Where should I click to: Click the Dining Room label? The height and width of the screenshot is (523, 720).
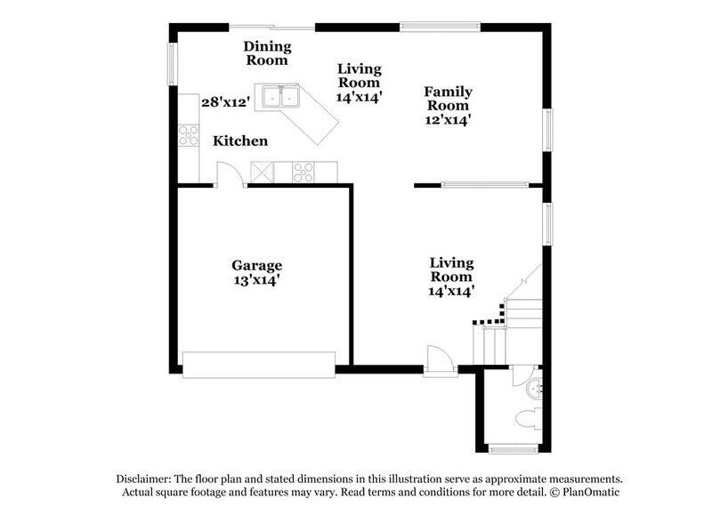click(266, 52)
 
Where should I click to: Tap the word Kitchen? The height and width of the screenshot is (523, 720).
click(239, 141)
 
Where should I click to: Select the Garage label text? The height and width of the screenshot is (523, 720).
click(257, 265)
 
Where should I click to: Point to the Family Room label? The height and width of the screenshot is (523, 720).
click(447, 98)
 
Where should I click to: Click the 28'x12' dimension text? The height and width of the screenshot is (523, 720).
click(222, 102)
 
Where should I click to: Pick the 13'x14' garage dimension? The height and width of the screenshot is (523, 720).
click(257, 280)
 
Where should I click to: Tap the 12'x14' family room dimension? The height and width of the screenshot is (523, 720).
click(447, 118)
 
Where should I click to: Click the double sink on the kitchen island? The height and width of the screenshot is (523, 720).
click(279, 96)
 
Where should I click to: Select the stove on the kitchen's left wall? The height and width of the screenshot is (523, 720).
click(189, 135)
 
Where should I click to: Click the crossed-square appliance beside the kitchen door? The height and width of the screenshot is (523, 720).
click(263, 170)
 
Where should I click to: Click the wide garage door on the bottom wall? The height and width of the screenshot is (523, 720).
click(258, 361)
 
